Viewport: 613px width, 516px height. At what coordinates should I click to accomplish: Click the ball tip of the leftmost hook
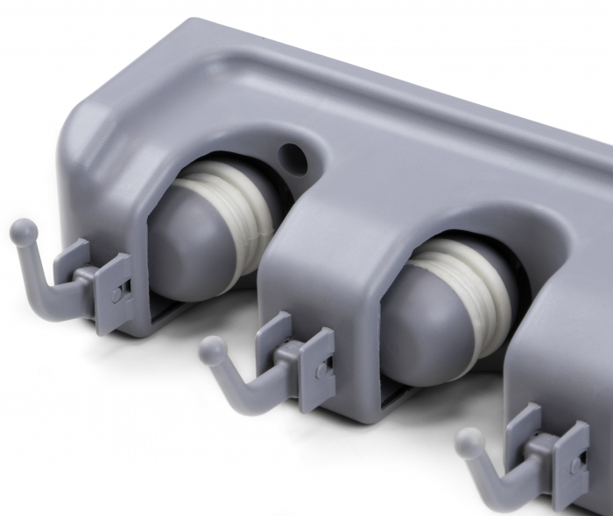(x=24, y=232)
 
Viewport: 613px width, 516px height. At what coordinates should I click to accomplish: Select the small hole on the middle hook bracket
(x=321, y=372)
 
